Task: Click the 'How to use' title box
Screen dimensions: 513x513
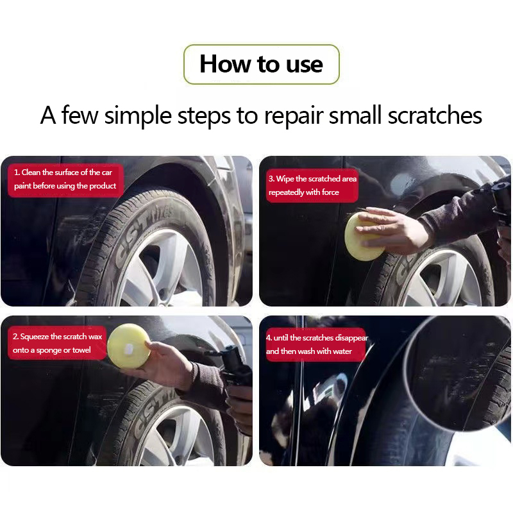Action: tap(262, 65)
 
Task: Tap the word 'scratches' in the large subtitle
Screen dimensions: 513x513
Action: tap(435, 115)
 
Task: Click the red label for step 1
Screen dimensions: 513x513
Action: tap(65, 180)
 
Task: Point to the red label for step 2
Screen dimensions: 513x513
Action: tap(57, 343)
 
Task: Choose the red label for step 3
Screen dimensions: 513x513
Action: tap(312, 185)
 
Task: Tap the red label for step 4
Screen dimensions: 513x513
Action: tap(316, 344)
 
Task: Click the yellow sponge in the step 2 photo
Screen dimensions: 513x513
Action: tap(128, 346)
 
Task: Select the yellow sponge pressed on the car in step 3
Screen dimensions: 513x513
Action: tap(364, 236)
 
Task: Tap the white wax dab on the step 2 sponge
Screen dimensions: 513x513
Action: tap(128, 349)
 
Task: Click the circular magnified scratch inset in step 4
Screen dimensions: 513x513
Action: tap(458, 374)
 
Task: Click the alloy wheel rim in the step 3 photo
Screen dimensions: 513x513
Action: tap(446, 278)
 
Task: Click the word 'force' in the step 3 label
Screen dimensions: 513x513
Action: tap(330, 192)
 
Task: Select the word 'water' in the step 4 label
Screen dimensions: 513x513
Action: tap(342, 351)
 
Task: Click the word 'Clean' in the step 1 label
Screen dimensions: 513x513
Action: tap(31, 172)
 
